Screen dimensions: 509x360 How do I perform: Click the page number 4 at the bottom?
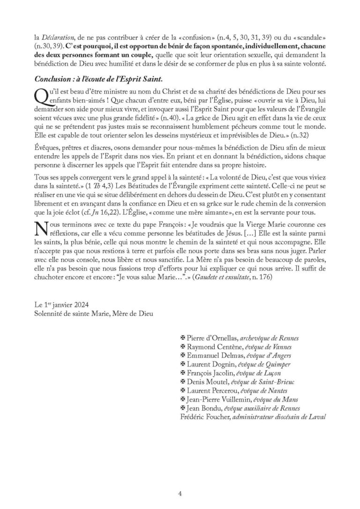[x=180, y=493]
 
